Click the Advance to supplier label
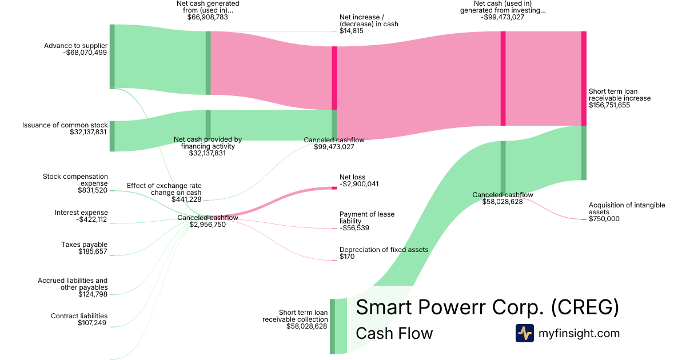click(75, 45)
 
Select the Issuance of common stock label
click(65, 125)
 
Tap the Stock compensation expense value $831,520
click(92, 190)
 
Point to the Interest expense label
click(81, 213)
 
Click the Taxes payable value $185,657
click(93, 251)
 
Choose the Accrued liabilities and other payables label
click(73, 284)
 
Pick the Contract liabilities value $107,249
click(92, 323)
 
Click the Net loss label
click(352, 177)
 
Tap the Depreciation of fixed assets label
click(384, 250)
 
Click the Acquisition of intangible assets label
click(627, 209)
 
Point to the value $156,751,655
click(609, 105)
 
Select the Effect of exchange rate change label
click(164, 189)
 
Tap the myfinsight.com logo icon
click(524, 333)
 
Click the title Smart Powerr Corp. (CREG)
click(487, 307)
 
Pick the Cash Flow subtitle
click(394, 333)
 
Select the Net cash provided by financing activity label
click(208, 143)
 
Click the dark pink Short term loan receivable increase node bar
click(584, 78)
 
